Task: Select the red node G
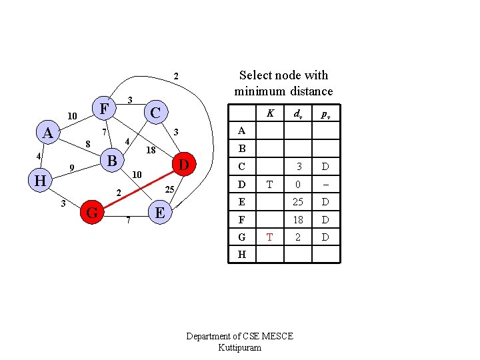pos(93,213)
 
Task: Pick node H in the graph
pos(40,181)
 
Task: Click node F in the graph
pos(103,108)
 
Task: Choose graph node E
pos(159,213)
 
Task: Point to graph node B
pos(112,161)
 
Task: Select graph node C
pos(155,112)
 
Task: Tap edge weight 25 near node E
pos(169,191)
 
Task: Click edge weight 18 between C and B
pos(151,151)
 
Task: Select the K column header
pos(270,114)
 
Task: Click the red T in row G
pos(270,237)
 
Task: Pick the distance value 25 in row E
pos(300,201)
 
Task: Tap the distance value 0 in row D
pos(300,184)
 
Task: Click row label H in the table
pos(241,255)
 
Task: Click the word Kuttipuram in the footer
pos(239,348)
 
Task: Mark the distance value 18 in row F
pos(300,219)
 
